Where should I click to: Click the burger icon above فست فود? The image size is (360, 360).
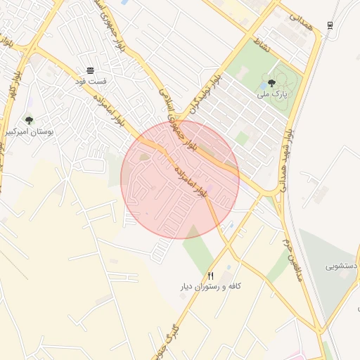90,70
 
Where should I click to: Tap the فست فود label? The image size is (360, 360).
91,81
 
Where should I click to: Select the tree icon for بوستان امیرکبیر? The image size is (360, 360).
29,120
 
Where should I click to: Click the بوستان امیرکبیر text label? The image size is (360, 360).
29,131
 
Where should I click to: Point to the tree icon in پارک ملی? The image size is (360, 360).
271,82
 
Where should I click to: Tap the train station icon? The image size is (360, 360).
330,26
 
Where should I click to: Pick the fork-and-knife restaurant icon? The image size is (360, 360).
210,276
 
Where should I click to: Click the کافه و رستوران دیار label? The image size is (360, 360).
211,287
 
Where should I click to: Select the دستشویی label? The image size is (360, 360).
342,266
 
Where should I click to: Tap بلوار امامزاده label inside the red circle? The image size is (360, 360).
189,179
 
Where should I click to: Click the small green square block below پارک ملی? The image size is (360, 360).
242,138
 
